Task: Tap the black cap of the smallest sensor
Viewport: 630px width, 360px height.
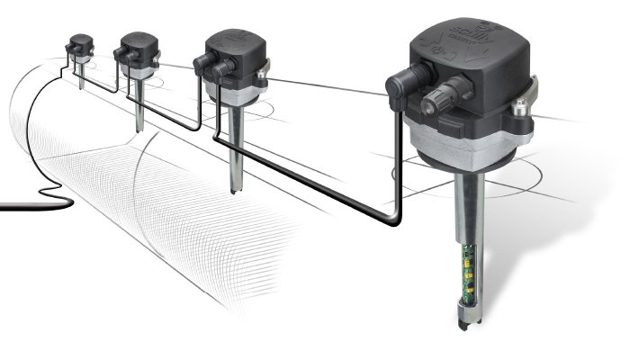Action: tap(81, 42)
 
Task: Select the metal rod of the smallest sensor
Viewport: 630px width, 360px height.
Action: tap(82, 76)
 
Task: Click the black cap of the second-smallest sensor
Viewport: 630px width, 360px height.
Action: tap(139, 45)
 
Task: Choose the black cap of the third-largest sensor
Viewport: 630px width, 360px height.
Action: tap(139, 45)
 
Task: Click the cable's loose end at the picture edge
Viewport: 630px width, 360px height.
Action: tap(4, 207)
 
